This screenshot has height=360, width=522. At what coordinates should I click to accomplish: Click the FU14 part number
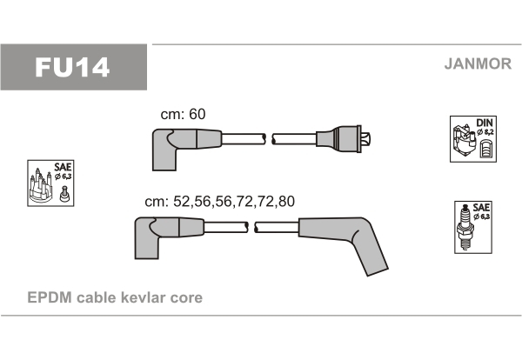(x=72, y=68)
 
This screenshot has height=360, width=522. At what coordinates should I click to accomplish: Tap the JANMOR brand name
(x=478, y=63)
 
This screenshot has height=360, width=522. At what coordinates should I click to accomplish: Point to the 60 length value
(x=197, y=114)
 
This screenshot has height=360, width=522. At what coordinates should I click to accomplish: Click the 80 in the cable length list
(x=286, y=202)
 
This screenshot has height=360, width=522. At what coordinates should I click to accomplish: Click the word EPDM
(x=50, y=297)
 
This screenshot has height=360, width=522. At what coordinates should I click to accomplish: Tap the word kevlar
(x=144, y=297)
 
